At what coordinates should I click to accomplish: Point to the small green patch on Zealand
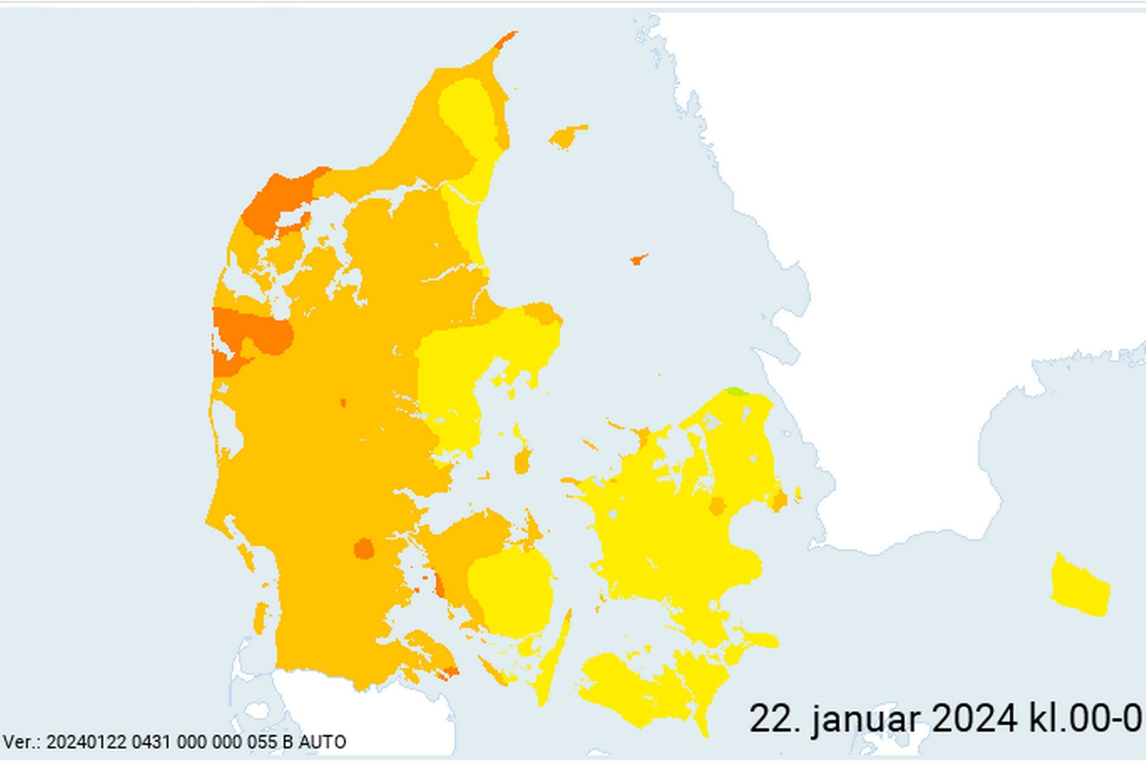coord(735,392)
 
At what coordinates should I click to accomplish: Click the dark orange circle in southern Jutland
coord(364,549)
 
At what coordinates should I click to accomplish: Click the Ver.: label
coord(22,742)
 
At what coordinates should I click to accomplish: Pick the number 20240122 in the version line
coord(87,742)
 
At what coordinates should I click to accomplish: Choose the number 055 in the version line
coord(263,742)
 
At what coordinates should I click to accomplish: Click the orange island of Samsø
coord(522,460)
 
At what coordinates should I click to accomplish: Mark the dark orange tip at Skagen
coord(507,38)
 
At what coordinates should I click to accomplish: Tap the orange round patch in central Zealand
coord(717,506)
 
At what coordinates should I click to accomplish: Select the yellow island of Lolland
coord(624,687)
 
